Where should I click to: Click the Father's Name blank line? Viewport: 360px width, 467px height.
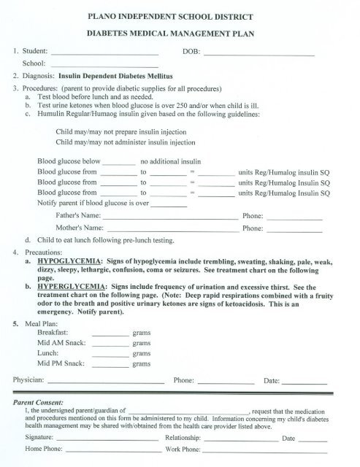(170, 218)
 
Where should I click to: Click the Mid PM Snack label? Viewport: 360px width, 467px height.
(61, 363)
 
